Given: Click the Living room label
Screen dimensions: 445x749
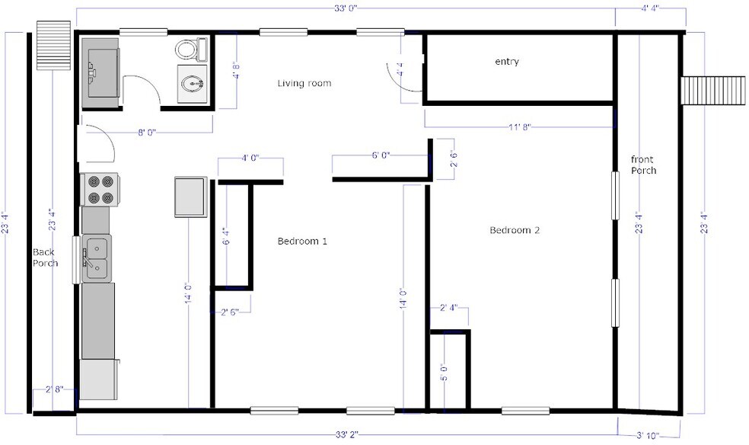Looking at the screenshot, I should click(x=304, y=83).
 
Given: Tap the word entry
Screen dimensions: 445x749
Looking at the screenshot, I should click(x=506, y=62).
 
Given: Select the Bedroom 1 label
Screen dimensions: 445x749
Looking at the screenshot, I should click(x=301, y=242).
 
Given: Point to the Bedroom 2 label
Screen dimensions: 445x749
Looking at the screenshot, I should click(x=514, y=230).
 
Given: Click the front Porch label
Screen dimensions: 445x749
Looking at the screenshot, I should click(x=642, y=165).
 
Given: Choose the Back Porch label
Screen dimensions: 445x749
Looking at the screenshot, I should click(x=45, y=258).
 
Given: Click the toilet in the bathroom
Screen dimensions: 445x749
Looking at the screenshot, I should click(x=190, y=50).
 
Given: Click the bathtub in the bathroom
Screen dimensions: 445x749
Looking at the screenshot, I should click(x=101, y=69).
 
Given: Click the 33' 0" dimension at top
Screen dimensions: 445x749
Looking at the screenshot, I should click(x=346, y=8).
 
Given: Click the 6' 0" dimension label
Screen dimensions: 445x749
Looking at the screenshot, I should click(x=380, y=155).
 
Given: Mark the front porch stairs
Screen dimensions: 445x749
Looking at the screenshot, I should click(x=712, y=91).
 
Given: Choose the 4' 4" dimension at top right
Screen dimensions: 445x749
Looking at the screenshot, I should click(x=650, y=8).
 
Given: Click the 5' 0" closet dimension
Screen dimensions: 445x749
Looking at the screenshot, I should click(x=444, y=373).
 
